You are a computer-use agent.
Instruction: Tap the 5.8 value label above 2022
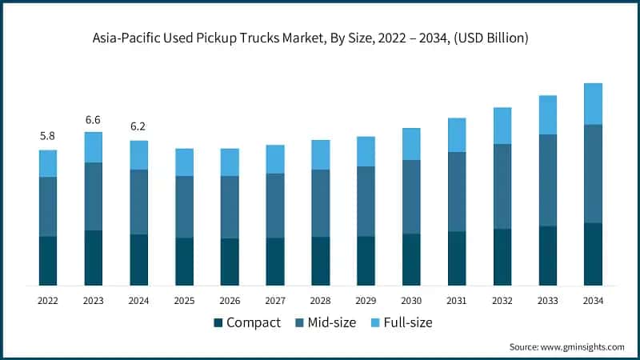tap(48, 137)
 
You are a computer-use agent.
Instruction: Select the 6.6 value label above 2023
tap(94, 119)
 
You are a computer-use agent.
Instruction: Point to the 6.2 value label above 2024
tap(139, 127)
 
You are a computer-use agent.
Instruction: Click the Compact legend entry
tap(246, 322)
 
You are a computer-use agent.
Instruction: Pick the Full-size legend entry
tap(405, 322)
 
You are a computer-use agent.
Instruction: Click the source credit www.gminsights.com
tap(566, 346)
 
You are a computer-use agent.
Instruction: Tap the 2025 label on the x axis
tap(184, 300)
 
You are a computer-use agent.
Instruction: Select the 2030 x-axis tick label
tap(411, 300)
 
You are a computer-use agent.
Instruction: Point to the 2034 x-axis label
tap(593, 300)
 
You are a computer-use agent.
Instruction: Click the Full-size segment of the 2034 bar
tap(593, 104)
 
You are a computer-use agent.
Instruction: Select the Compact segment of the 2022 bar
tap(48, 261)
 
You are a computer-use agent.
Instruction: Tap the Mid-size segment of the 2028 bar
tap(321, 203)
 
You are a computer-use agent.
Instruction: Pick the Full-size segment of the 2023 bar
tap(94, 147)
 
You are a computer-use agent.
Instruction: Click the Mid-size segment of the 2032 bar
tap(502, 186)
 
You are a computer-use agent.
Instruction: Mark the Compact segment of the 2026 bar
tap(230, 262)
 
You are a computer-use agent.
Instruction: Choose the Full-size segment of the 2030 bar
tap(411, 144)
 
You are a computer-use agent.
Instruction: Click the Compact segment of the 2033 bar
tap(548, 256)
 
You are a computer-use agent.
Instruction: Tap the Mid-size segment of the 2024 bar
tap(139, 202)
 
